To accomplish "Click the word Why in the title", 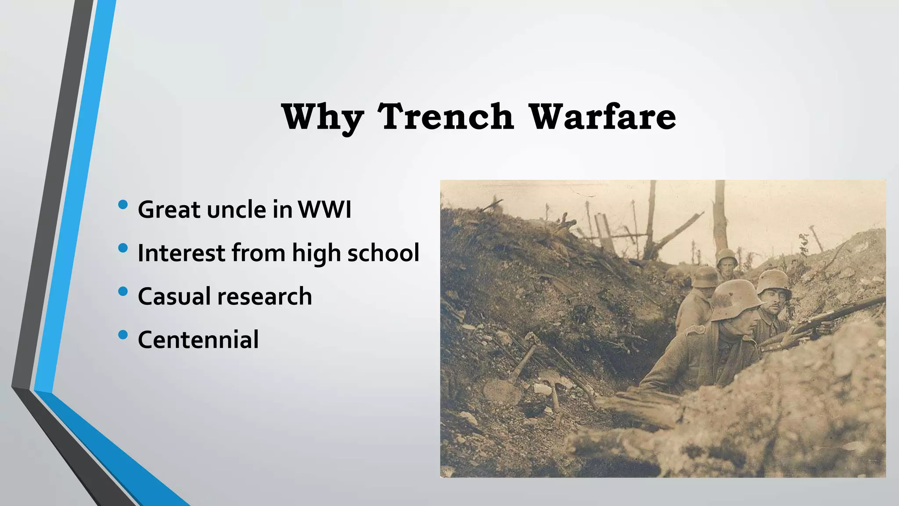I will (323, 117).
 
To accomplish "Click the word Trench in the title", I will (446, 117).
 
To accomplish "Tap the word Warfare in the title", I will (602, 117).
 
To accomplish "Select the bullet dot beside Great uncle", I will (123, 205).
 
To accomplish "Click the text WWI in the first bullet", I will (325, 210).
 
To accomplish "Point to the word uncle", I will (237, 210).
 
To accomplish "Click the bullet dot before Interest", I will (123, 248).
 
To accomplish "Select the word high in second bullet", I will (316, 254).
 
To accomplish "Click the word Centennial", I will (198, 340).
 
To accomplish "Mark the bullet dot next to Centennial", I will (123, 335).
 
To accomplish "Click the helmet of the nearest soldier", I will (735, 300).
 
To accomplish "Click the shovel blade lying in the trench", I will (503, 390).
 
